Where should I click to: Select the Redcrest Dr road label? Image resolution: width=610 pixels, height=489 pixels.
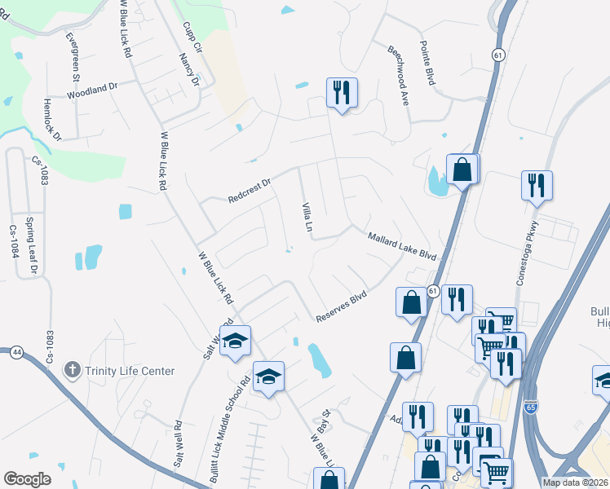point(249,187)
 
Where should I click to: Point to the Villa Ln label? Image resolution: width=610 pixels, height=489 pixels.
point(308,217)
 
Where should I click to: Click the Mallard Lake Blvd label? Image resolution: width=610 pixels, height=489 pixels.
point(402,245)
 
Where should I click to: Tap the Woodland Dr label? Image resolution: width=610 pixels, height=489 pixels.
point(92,90)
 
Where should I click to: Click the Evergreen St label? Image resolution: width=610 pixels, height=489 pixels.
point(73,57)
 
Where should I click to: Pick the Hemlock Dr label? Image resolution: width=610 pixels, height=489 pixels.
point(52,120)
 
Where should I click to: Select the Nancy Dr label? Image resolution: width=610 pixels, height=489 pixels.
point(189,70)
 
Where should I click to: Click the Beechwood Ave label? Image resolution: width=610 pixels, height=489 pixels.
point(398,64)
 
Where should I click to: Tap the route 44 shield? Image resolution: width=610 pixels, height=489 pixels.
point(15,352)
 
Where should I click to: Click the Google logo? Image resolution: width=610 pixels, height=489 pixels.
point(27,479)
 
